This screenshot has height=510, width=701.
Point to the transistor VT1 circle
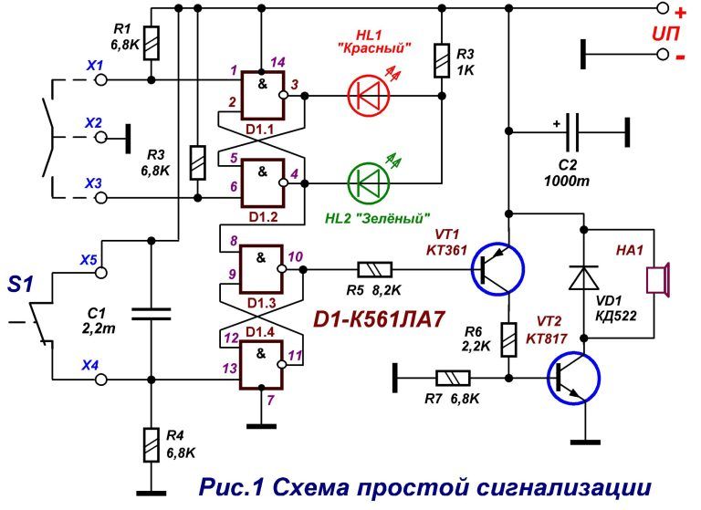(x=498, y=269)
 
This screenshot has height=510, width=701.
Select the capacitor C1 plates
(x=149, y=314)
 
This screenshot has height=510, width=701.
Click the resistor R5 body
(x=374, y=269)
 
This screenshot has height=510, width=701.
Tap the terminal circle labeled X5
(x=102, y=271)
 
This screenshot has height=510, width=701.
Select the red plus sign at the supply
(x=679, y=13)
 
